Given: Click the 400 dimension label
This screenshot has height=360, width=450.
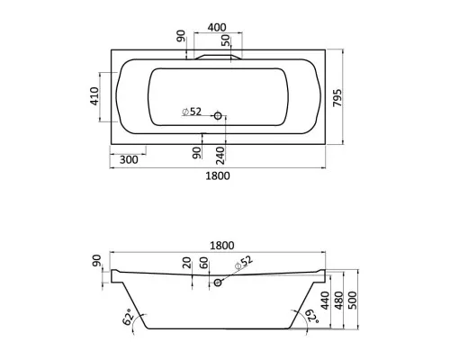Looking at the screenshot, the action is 217,27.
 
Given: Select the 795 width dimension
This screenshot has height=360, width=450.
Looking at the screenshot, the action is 337,97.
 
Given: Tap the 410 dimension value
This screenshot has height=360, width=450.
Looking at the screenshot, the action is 94,96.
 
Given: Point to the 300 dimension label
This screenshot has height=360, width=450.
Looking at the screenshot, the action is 129,159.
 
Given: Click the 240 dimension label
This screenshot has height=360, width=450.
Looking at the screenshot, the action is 220,156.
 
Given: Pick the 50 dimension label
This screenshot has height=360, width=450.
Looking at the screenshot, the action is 226,40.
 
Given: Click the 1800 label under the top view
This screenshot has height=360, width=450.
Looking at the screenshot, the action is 218,175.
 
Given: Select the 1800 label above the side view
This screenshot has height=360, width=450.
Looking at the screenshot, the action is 222,246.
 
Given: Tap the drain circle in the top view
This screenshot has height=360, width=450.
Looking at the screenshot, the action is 218,115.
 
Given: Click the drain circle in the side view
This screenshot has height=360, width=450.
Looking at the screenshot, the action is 218,283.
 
